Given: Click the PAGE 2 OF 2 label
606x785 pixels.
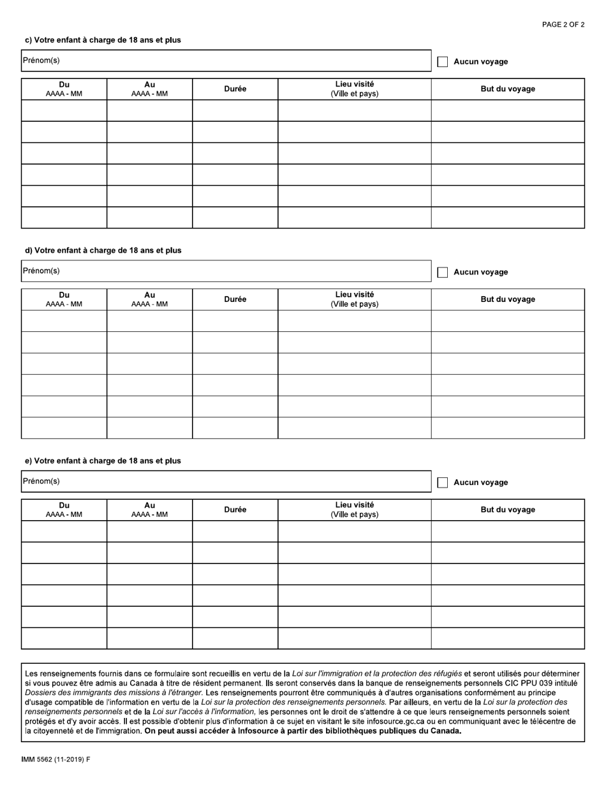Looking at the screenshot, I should [563, 24].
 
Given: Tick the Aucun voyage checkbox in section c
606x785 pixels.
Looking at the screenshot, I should [442, 62].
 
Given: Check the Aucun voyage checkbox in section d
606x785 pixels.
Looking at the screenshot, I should [442, 273].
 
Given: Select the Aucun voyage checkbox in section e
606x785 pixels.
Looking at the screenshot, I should [442, 482].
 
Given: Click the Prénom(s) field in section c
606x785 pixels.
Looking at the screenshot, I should [226, 61].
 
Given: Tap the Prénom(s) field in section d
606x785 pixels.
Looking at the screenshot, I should [226, 271].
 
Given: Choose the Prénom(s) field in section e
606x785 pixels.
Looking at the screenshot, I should [226, 482].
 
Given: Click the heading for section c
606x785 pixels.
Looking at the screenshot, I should [103, 40].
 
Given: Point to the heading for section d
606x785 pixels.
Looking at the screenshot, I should [103, 251].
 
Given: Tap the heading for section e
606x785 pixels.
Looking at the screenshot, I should [103, 461].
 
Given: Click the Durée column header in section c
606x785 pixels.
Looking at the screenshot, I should [235, 89].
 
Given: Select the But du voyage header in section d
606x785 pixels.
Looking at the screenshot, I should [508, 299].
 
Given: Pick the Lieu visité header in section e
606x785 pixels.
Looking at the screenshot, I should [354, 509].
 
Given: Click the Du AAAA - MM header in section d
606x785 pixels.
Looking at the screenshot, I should [64, 299].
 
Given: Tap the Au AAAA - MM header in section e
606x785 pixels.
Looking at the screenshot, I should [149, 509].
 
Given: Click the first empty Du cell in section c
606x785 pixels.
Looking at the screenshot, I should [64, 110].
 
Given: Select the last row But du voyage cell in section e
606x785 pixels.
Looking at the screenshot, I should [508, 638].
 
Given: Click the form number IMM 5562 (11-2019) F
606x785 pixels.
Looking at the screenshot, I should [56, 760].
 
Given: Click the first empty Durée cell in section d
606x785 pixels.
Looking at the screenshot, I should [235, 321].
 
